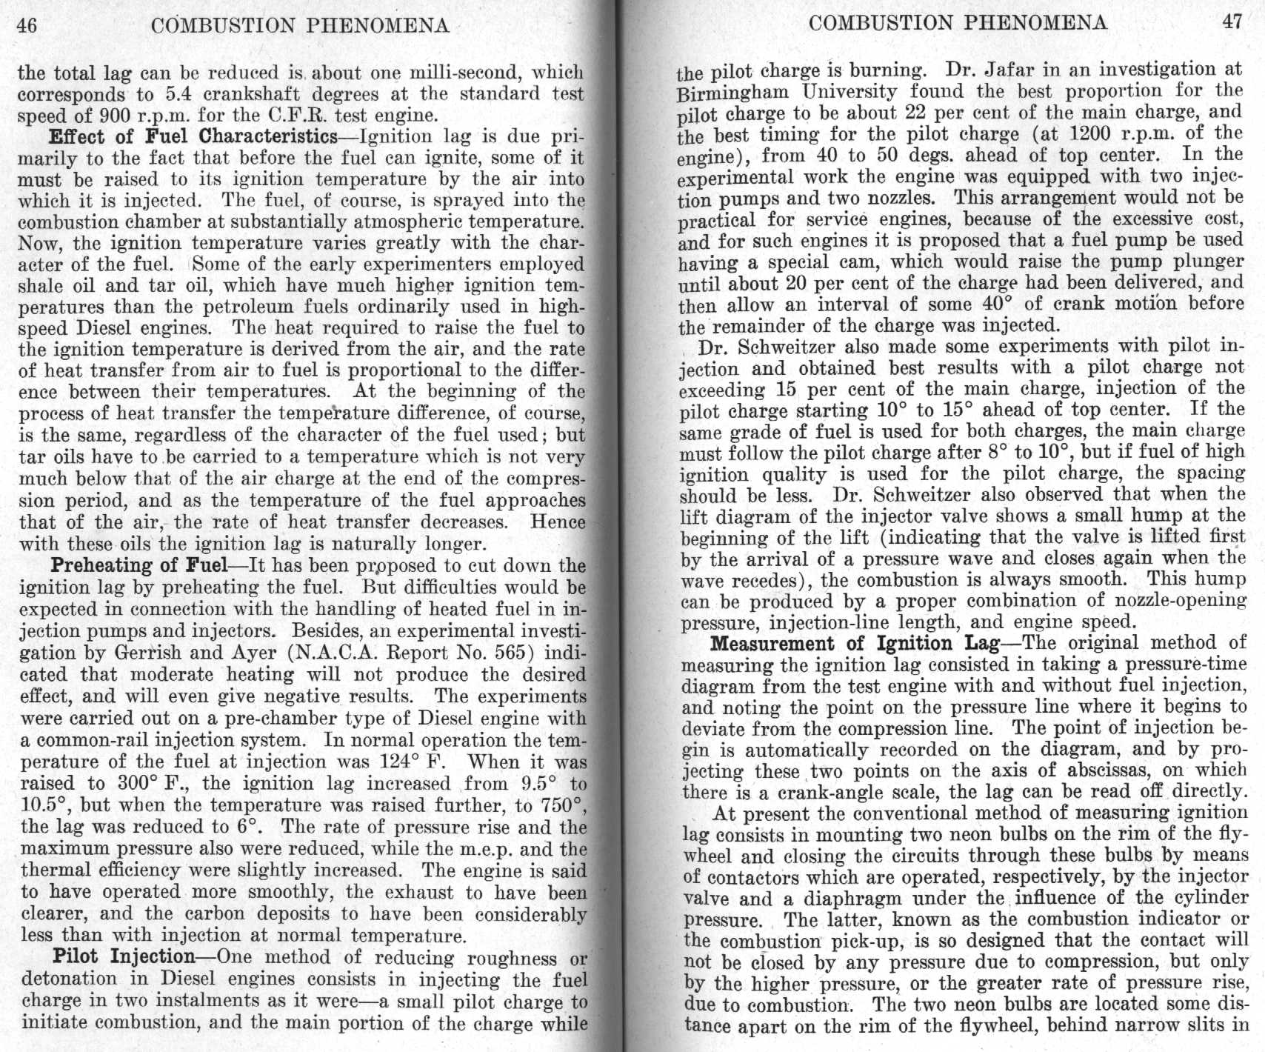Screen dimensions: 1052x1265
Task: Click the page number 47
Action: point(1232,21)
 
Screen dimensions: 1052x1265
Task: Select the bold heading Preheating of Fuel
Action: point(138,566)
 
